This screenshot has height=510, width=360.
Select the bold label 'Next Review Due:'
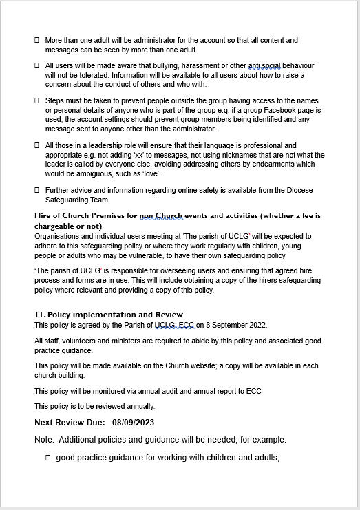tap(70, 423)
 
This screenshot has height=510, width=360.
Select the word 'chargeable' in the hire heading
tap(56, 226)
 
